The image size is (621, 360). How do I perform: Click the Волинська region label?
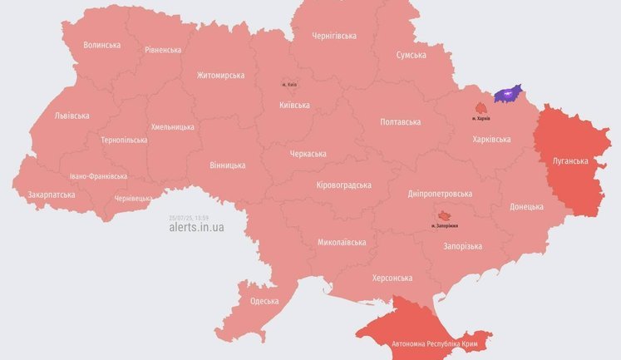(x=103, y=45)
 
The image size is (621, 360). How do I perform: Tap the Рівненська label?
(x=163, y=50)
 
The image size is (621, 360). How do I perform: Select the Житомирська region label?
(x=220, y=75)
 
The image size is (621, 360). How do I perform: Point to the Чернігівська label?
(x=333, y=36)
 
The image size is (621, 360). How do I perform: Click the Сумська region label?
(x=411, y=55)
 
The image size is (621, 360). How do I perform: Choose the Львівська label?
(x=71, y=116)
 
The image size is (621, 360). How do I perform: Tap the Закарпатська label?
(x=52, y=195)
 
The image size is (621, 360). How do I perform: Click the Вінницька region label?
(x=228, y=165)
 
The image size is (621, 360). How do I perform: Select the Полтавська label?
(x=400, y=121)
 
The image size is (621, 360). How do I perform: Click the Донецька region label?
(x=526, y=206)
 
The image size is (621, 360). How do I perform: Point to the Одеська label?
(x=264, y=301)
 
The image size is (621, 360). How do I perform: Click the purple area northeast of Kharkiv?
(x=507, y=94)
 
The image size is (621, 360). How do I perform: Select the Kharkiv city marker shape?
(x=481, y=108)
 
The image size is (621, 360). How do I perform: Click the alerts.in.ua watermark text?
(x=195, y=227)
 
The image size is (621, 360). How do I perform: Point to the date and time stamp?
(x=190, y=217)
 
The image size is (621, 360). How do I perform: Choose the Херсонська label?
(x=392, y=278)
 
